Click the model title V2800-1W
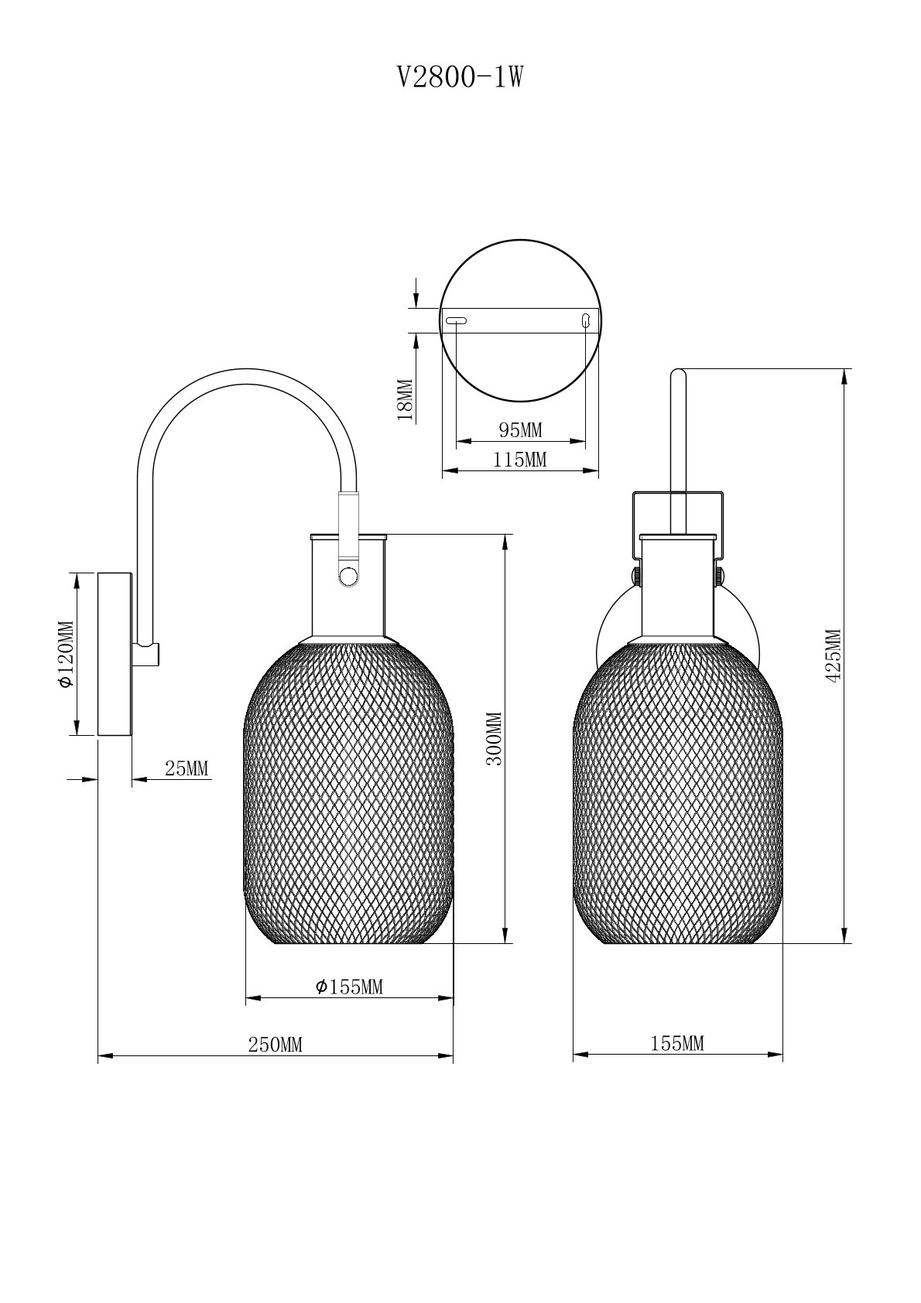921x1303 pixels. click(460, 77)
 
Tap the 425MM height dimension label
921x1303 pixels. click(834, 655)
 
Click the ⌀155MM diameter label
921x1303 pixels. click(349, 987)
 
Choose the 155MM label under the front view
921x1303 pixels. click(676, 1044)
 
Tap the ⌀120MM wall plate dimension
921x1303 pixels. click(67, 654)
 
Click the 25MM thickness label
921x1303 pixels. click(187, 768)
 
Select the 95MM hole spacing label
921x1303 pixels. click(520, 430)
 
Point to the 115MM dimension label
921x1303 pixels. click(520, 460)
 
